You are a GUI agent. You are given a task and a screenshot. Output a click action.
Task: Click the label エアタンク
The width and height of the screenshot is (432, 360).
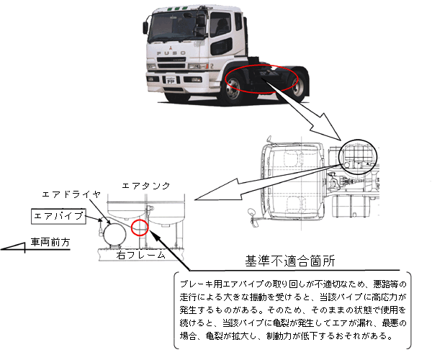point(146,186)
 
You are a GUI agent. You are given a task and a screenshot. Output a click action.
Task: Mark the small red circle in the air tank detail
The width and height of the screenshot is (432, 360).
point(139,230)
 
